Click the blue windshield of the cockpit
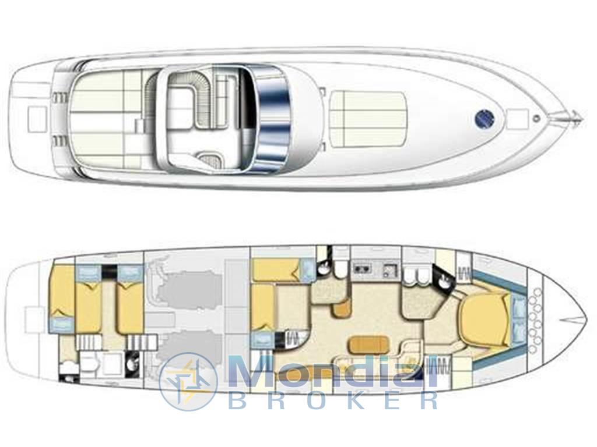click(x=272, y=119)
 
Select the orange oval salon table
click(x=370, y=345)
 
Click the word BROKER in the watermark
click(x=333, y=400)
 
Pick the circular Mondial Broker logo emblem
click(x=188, y=382)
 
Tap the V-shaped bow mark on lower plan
click(x=573, y=320)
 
